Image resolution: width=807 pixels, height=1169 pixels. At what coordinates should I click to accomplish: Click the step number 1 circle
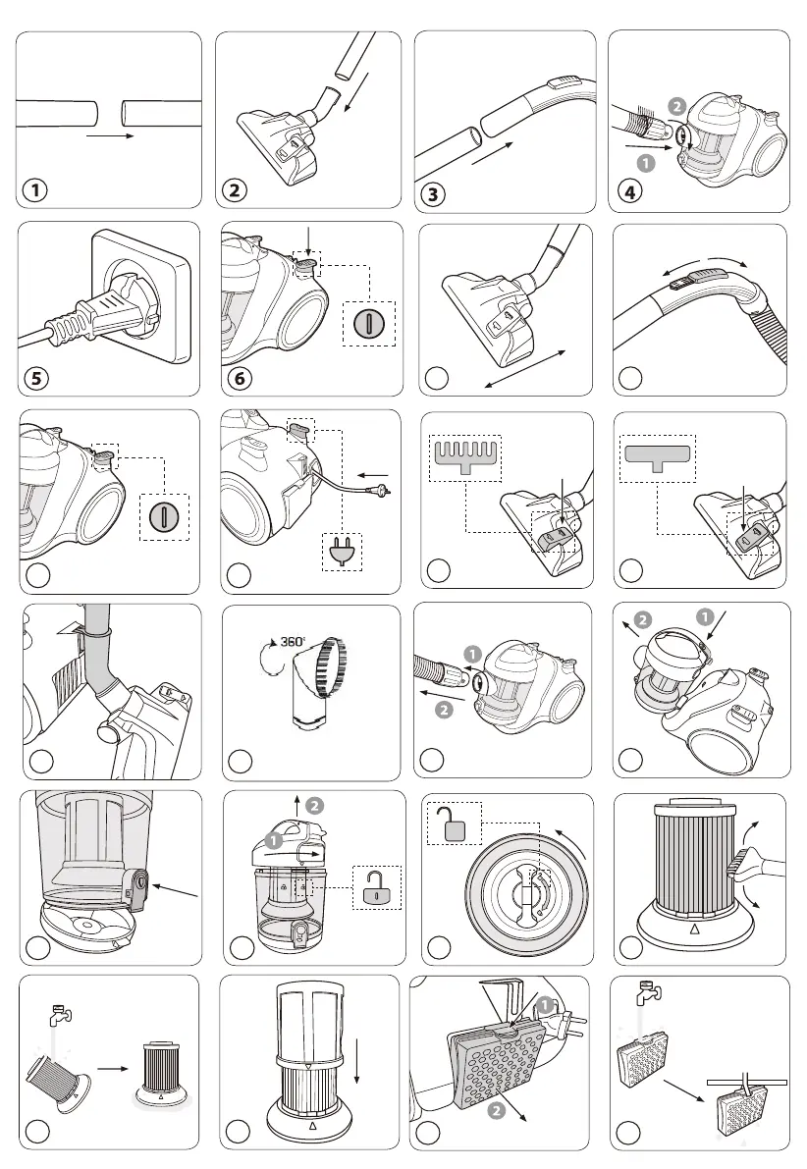click(35, 190)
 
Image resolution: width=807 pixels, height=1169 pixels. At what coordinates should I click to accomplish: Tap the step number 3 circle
click(433, 194)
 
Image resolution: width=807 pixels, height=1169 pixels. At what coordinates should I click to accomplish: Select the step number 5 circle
click(35, 378)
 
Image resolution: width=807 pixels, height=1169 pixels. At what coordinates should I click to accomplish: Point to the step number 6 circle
click(240, 378)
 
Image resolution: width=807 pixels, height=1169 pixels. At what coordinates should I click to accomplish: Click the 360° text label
click(293, 641)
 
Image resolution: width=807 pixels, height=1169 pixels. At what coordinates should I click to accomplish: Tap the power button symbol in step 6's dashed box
click(369, 324)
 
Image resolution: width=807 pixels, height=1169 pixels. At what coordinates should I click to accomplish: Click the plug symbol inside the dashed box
click(343, 553)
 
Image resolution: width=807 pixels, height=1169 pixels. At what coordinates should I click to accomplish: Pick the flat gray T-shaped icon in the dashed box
click(658, 456)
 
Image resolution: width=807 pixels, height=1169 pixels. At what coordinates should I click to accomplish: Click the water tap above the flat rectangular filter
click(647, 991)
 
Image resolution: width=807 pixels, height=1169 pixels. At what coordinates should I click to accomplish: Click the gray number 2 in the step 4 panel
click(676, 106)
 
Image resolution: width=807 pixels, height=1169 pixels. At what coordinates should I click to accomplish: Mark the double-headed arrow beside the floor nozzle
click(524, 368)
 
